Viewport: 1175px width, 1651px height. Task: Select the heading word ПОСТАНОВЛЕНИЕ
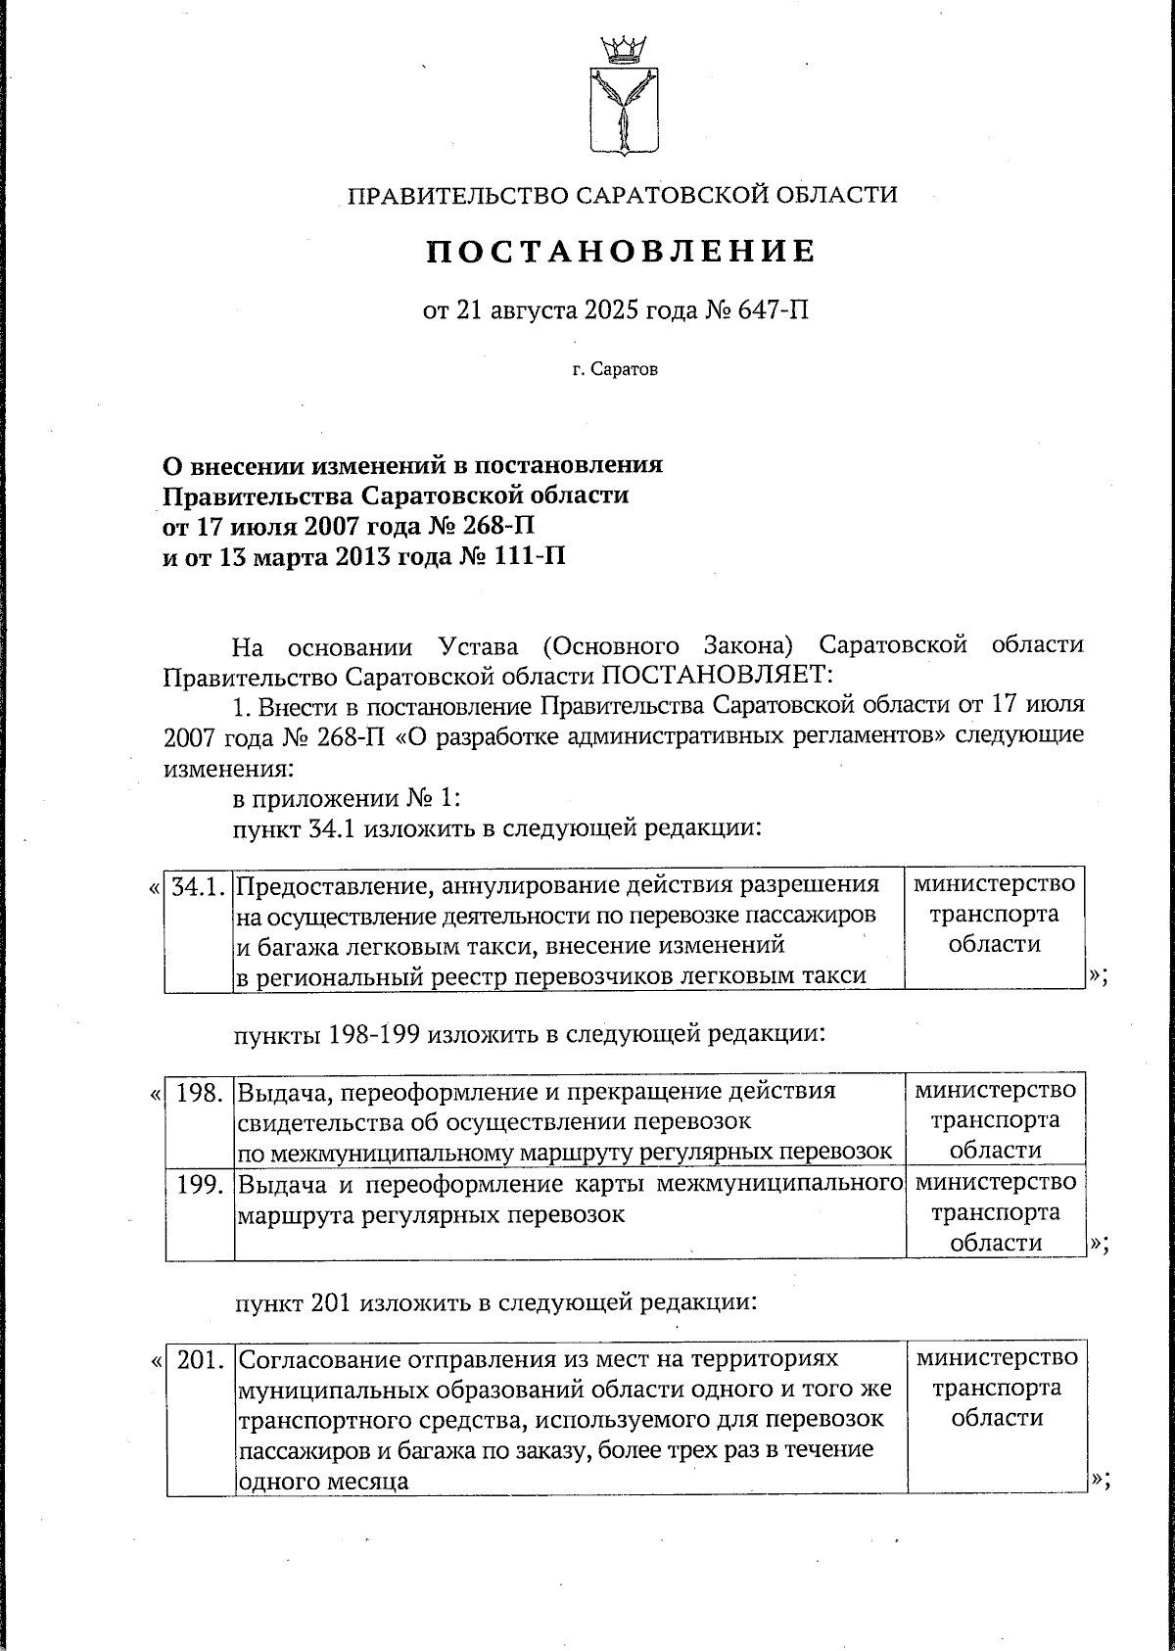pos(621,253)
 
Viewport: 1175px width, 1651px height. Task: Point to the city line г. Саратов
pos(616,370)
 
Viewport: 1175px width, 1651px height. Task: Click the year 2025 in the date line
pos(611,312)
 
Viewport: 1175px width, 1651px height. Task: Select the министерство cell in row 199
pos(995,1212)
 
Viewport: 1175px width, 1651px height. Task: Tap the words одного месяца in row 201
pos(323,1482)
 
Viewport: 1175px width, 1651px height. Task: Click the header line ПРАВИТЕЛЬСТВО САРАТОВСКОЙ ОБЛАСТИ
pos(623,195)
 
